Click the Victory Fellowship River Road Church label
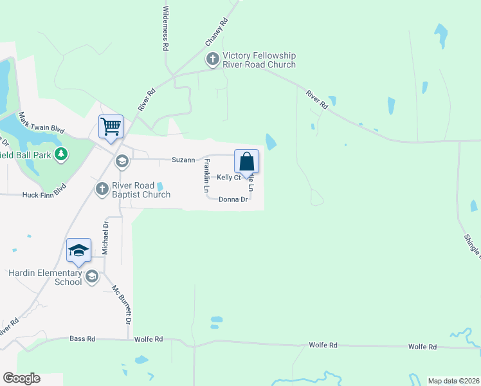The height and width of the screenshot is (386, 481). (259, 60)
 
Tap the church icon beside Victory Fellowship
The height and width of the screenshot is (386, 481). (212, 60)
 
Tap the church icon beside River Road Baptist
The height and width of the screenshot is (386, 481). (102, 189)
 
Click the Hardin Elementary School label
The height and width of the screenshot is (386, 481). (45, 277)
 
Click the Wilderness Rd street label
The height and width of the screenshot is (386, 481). (166, 29)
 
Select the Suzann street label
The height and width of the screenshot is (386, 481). (183, 160)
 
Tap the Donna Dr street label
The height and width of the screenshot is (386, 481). (233, 199)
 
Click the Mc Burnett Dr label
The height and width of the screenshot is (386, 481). (122, 304)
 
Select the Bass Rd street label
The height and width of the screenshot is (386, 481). (82, 338)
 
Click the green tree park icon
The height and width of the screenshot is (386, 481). (61, 154)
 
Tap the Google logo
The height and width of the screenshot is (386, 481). (21, 378)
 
